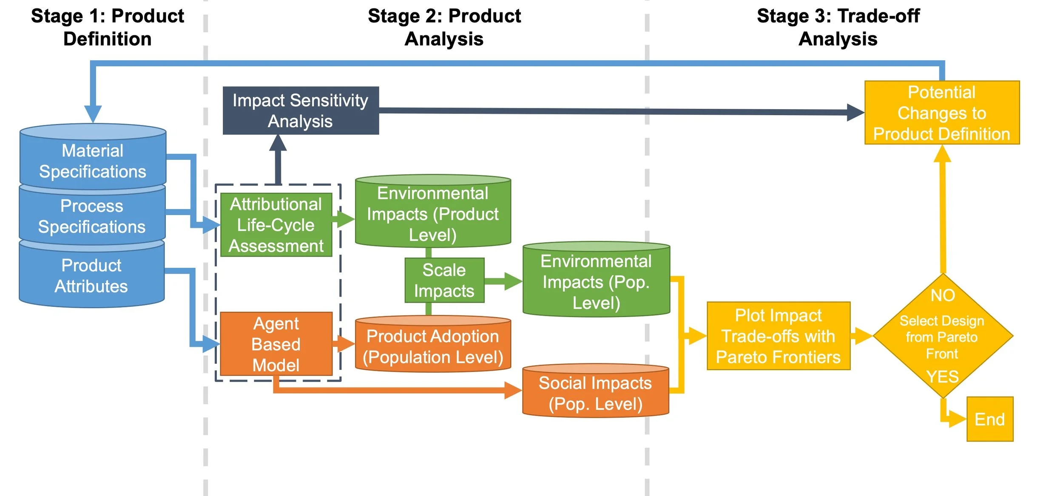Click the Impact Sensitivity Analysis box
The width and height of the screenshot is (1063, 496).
(301, 111)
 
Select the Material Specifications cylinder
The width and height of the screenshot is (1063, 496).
(93, 161)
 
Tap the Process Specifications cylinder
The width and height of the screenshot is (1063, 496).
(92, 216)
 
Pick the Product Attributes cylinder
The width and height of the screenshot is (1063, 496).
(91, 276)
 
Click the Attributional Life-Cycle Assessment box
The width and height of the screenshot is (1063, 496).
(276, 225)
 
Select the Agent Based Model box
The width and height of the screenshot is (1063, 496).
(276, 344)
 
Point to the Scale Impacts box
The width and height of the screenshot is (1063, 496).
(444, 281)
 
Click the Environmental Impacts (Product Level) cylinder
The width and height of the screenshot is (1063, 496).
(433, 214)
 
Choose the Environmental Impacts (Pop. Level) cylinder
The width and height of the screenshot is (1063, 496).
(596, 282)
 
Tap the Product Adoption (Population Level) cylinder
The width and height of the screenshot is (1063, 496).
(433, 346)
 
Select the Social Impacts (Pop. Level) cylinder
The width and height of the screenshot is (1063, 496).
(595, 393)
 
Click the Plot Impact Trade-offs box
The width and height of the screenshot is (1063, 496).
(778, 336)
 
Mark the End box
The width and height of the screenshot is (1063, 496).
(990, 419)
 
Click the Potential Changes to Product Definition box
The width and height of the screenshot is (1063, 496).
(942, 113)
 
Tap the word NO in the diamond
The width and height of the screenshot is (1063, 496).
(943, 295)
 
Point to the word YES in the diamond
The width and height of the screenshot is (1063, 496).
(943, 377)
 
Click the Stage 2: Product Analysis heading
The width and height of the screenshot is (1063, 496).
(444, 27)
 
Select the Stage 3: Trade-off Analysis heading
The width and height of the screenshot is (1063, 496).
(838, 27)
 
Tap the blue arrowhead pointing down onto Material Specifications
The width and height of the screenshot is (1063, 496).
(93, 113)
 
